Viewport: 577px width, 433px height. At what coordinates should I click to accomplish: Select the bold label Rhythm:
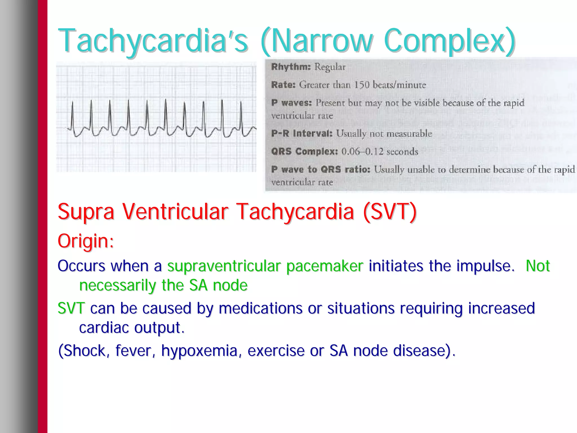tap(291, 67)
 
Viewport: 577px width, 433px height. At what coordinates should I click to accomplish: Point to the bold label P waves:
tap(291, 103)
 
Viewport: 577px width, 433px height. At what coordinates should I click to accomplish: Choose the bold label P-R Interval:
tap(302, 134)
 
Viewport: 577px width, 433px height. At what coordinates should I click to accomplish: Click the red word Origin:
tap(86, 241)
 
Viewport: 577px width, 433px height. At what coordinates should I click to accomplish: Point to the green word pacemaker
tap(325, 266)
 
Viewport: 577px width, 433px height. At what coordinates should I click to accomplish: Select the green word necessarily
tap(117, 286)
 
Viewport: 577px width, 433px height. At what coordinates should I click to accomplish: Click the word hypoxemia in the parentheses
tap(199, 351)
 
